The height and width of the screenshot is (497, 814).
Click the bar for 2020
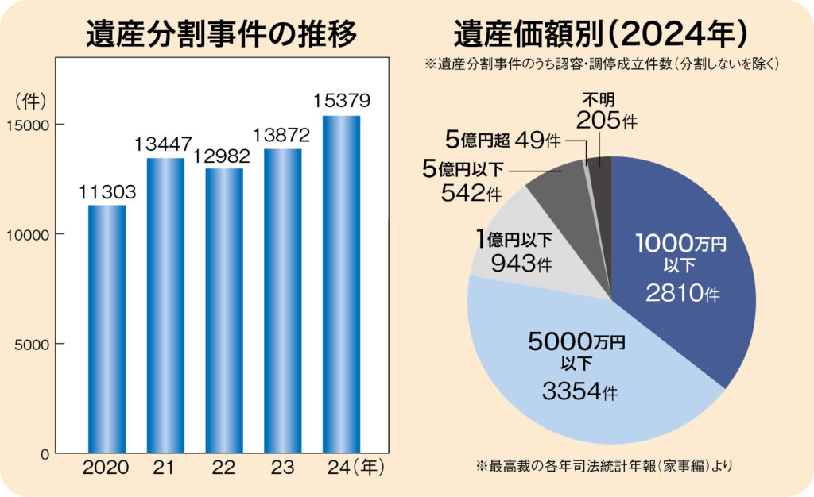point(107,329)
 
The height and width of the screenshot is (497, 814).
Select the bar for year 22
point(224,311)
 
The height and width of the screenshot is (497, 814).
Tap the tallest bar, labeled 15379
point(342,284)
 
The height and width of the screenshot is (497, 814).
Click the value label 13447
point(163,144)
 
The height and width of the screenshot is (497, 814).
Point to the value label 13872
point(281,135)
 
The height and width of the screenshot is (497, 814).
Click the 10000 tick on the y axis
point(28,235)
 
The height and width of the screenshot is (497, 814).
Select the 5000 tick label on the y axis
point(32,345)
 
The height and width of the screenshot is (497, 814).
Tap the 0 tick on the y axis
point(45,454)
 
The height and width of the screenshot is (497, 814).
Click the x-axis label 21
point(164,468)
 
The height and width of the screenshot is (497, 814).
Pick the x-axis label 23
point(282,468)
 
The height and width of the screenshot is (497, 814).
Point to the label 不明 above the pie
point(598,99)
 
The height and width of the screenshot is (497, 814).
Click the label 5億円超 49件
point(503,140)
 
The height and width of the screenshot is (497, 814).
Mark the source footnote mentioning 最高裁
point(604,466)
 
